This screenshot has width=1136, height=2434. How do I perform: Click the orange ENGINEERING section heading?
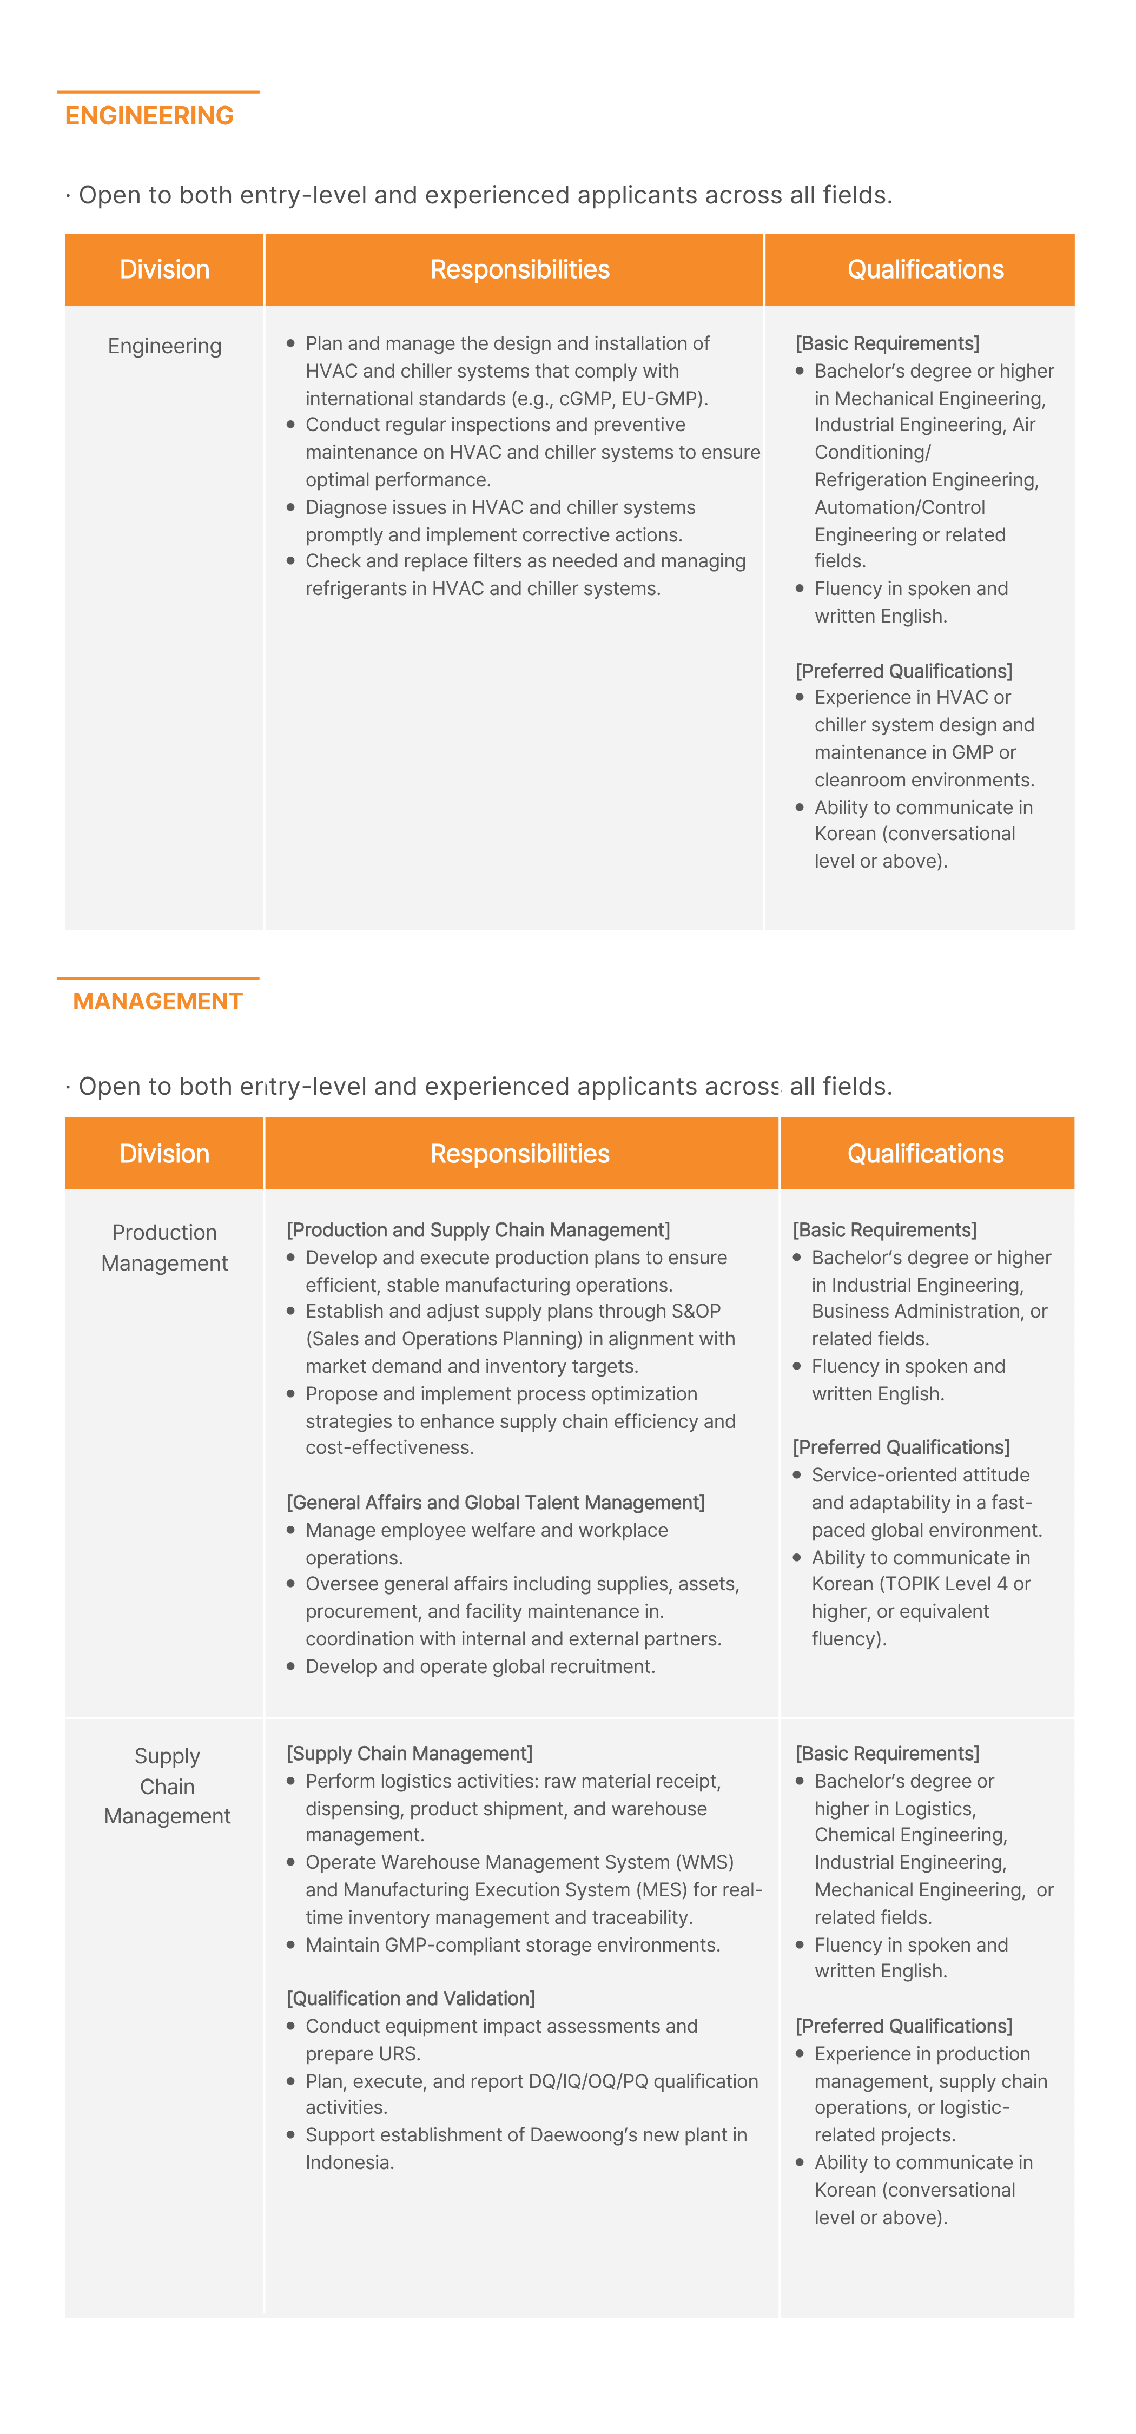click(149, 115)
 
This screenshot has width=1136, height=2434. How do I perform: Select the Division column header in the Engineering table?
click(164, 270)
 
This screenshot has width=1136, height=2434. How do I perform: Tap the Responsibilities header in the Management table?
click(520, 1154)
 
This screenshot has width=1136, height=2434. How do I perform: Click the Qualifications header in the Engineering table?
click(925, 270)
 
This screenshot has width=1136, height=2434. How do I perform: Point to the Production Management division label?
click(164, 1247)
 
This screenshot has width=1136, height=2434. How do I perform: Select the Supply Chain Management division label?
click(167, 1786)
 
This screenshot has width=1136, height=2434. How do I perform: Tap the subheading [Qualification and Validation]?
click(411, 1999)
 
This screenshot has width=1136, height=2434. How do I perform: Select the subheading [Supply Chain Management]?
click(409, 1754)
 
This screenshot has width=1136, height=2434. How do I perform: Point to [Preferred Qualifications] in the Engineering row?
click(903, 671)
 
